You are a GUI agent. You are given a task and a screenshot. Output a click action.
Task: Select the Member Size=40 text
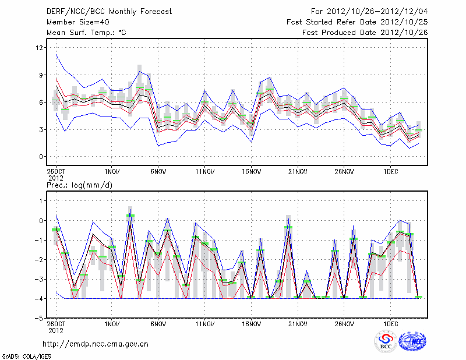[74, 22]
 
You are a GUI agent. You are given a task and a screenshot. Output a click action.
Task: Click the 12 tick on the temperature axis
[40, 48]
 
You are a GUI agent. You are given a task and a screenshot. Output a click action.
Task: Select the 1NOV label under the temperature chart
[112, 172]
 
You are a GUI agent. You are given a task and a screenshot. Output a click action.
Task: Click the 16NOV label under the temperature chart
[251, 172]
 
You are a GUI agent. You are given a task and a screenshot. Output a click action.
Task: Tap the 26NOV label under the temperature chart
[344, 172]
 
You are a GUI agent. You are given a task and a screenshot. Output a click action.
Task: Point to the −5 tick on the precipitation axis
[41, 318]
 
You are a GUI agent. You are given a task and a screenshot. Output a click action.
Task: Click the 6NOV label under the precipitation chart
[158, 324]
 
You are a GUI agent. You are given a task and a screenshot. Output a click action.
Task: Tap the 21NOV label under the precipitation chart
[298, 324]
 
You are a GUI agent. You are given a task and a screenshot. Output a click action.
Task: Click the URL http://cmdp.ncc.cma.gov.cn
[96, 344]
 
